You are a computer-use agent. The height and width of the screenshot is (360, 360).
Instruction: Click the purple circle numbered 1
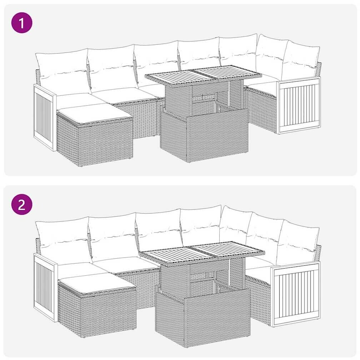tap(22, 23)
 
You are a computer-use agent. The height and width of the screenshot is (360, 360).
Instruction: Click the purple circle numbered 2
tap(22, 204)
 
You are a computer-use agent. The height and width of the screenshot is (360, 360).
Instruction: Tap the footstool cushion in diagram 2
tap(97, 283)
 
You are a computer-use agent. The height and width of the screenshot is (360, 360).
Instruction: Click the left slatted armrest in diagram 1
tap(45, 117)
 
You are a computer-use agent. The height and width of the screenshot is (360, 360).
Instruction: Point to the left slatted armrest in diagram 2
tap(45, 287)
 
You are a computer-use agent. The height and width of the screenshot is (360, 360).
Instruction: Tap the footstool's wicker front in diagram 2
tap(108, 312)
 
